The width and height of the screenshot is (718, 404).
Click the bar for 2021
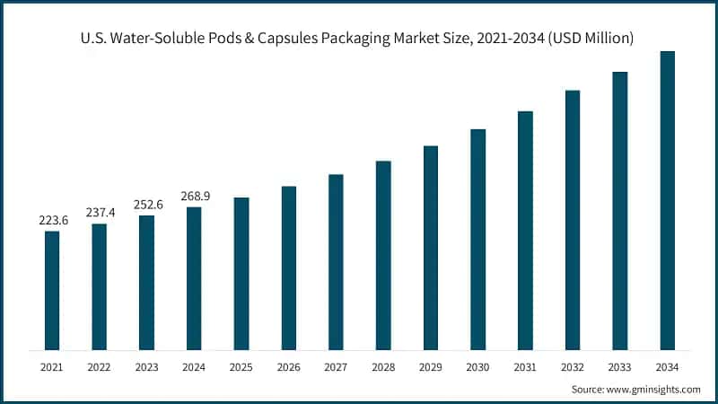pos(52,290)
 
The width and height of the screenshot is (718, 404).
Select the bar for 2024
pos(194,278)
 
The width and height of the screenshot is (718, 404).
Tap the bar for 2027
pos(336,261)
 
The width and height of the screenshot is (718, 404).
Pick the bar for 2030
pos(477,239)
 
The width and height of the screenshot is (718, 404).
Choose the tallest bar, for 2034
pos(667,200)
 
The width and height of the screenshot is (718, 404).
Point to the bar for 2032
pos(573,220)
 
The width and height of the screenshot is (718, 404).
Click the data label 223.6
pos(52,220)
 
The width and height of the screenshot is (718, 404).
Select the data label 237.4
pos(100,213)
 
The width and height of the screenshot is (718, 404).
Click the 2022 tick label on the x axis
pos(100,366)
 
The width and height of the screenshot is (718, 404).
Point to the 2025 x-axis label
pos(241,366)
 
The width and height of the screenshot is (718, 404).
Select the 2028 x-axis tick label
pos(383,366)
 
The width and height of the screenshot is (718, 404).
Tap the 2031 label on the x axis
pos(525,366)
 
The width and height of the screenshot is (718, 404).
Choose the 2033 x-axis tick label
pos(619,366)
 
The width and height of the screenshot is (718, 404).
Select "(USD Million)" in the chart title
pos(589,38)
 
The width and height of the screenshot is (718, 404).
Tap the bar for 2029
pos(431,248)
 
